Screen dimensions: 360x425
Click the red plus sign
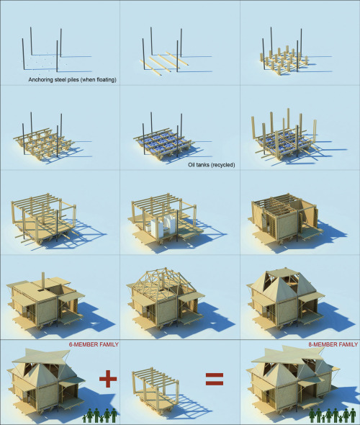pos(108,378)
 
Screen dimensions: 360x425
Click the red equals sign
pos(215,379)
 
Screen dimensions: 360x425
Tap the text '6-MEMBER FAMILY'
pos(94,344)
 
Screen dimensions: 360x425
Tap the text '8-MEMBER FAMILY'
pos(333,344)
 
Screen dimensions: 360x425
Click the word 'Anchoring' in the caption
pos(40,80)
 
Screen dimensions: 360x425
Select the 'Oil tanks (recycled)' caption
pos(211,165)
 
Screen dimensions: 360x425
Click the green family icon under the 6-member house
pos(99,415)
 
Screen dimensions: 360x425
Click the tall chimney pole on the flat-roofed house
pos(42,280)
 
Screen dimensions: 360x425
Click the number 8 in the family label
pos(310,344)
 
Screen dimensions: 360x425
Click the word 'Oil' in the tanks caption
pos(192,165)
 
